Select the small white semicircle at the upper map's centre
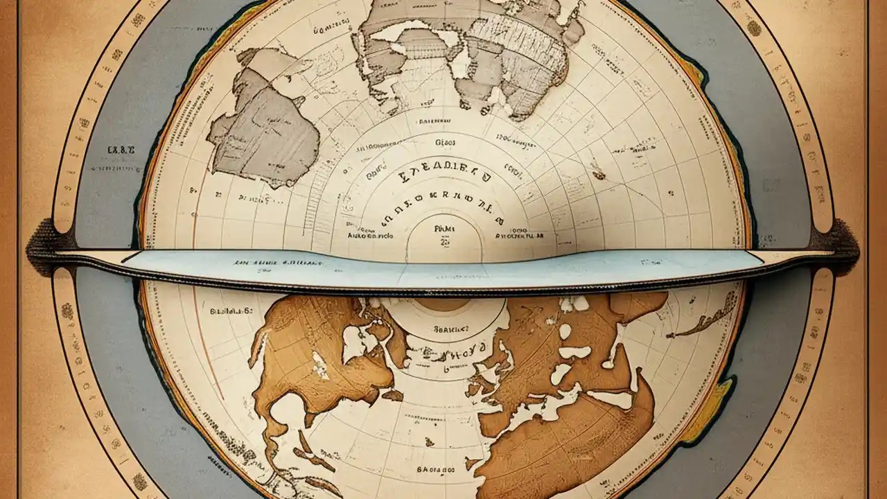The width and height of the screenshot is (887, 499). point(443,239)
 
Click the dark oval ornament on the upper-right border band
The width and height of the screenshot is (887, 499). point(753,28)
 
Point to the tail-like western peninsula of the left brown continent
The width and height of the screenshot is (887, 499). point(259,343)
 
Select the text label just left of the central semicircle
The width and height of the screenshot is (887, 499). point(371,236)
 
